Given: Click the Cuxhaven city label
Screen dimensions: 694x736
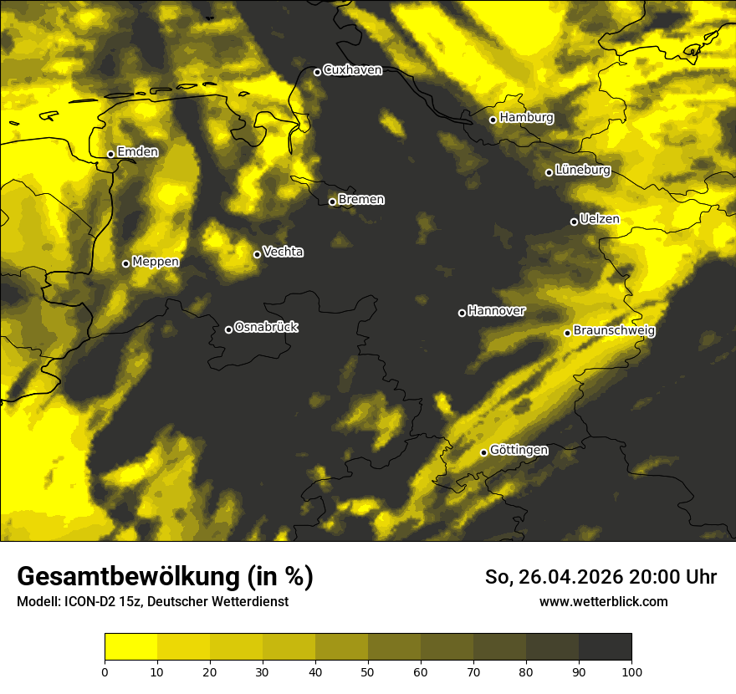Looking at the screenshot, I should (352, 70).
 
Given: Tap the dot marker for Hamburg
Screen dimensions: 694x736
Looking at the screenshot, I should (493, 120).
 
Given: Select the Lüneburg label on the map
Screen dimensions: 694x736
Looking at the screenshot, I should (583, 171).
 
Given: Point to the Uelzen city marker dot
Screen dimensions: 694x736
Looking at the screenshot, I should (574, 222).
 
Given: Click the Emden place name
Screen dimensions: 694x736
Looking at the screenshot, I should (137, 152).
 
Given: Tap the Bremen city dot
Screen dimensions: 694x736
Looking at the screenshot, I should (332, 202).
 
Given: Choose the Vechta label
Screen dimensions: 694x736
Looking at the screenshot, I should (283, 252).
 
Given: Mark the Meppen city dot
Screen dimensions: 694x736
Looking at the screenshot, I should (125, 263).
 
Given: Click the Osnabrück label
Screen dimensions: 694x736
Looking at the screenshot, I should (266, 327).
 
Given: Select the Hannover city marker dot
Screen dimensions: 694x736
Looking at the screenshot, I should (462, 313).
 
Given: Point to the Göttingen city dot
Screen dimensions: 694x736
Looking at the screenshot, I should (483, 452).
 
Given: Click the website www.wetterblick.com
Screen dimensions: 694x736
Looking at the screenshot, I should (603, 601).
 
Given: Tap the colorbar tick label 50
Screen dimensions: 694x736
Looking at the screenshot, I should (368, 671).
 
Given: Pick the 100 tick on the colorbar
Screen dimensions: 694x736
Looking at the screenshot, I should (631, 671).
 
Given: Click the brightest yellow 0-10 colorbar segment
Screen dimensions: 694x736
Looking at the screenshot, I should (130, 646).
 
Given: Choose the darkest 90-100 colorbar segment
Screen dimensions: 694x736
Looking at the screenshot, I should (605, 646).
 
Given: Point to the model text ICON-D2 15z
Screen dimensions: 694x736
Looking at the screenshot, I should (101, 601).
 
